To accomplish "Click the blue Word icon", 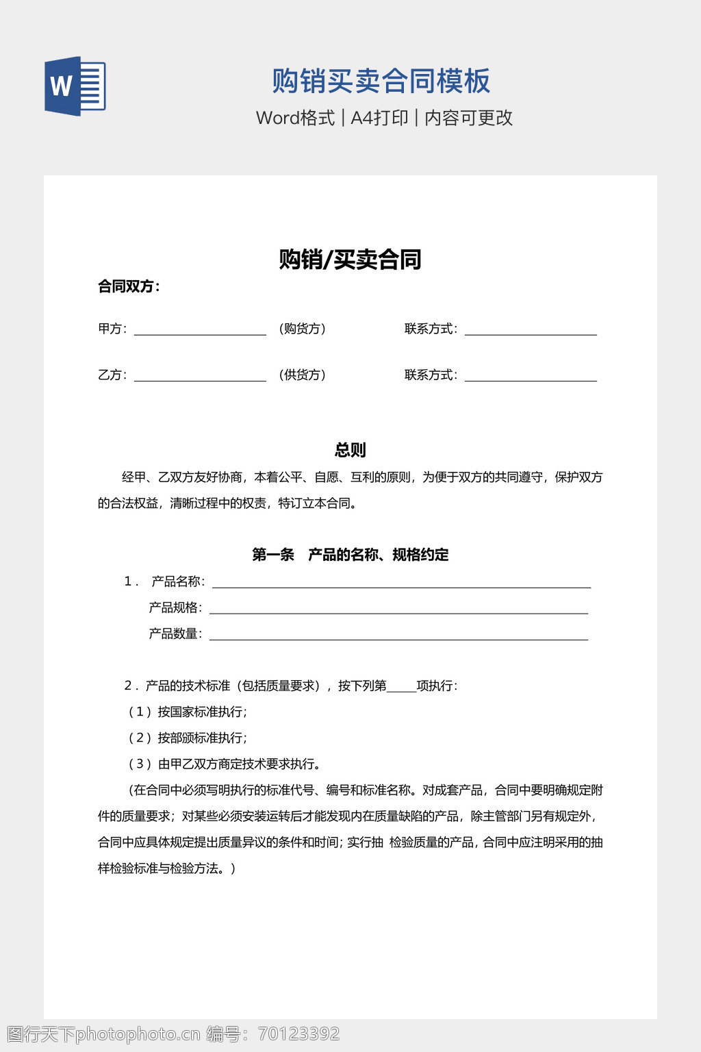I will click(x=75, y=86).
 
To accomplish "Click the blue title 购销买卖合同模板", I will click(x=381, y=81).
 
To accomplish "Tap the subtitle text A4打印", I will click(x=379, y=118).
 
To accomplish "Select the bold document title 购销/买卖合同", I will click(x=350, y=260).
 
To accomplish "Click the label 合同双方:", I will click(x=129, y=286).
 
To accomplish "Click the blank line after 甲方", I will click(x=200, y=330).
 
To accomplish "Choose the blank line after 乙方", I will click(x=200, y=376).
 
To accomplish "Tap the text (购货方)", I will click(x=302, y=329).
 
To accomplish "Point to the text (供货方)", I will click(x=302, y=375).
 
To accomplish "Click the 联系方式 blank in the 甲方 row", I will click(x=531, y=330).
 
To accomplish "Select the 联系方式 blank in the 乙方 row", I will click(x=531, y=376).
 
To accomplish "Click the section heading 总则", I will click(x=350, y=450).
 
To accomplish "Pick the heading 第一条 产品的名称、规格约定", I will click(x=350, y=555).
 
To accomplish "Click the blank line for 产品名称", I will click(x=401, y=583).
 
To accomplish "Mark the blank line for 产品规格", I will click(x=398, y=609).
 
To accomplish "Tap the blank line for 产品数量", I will click(x=398, y=635).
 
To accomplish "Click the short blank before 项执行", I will click(x=401, y=687).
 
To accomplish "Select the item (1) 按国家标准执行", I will click(x=188, y=712).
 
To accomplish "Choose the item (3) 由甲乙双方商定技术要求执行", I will click(x=225, y=764).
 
